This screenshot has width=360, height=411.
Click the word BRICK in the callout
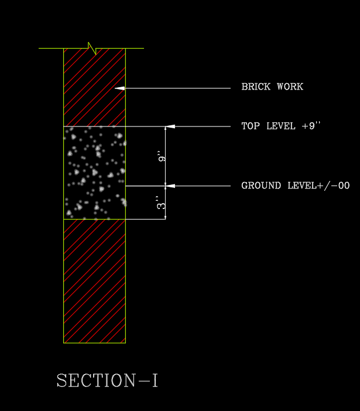pyautogui.click(x=256, y=87)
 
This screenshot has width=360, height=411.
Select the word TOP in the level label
pyautogui.click(x=251, y=126)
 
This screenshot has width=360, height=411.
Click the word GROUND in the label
pyautogui.click(x=262, y=186)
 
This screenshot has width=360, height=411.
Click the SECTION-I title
pyautogui.click(x=107, y=381)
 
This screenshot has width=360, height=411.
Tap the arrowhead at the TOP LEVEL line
pyautogui.click(x=170, y=126)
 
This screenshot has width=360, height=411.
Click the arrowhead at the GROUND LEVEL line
pyautogui.click(x=170, y=186)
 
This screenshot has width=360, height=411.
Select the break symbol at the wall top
pyautogui.click(x=92, y=48)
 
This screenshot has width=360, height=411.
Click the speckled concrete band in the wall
pyautogui.click(x=94, y=172)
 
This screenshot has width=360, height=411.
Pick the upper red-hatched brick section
pyautogui.click(x=94, y=87)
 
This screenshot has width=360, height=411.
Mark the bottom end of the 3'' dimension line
pyautogui.click(x=166, y=218)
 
